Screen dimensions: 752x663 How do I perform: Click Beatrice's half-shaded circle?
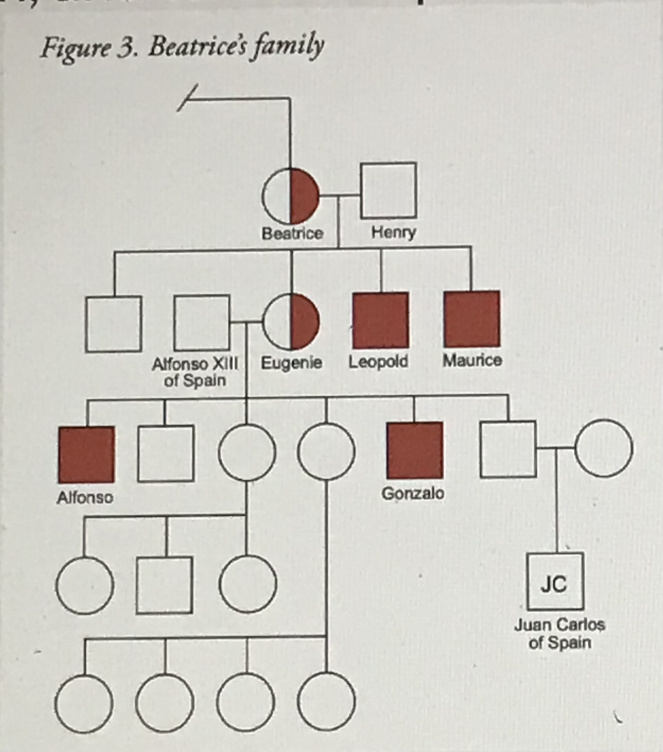tap(290, 196)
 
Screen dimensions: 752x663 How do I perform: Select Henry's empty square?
tap(389, 190)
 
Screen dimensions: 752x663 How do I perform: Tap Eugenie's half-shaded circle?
tap(291, 322)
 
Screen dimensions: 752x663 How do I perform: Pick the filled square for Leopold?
tap(381, 320)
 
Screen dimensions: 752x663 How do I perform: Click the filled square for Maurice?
tap(472, 319)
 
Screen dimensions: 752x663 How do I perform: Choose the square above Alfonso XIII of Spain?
tap(202, 322)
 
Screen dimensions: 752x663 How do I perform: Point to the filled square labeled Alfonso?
tap(86, 454)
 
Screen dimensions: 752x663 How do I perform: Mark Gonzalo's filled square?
tap(415, 450)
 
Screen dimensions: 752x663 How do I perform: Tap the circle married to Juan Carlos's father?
tap(604, 448)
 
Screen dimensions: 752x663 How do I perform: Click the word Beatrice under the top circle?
tap(292, 233)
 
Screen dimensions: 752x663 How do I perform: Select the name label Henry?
tap(394, 233)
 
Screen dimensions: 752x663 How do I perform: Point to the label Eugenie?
tap(291, 363)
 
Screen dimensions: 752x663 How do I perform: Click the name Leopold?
tap(379, 362)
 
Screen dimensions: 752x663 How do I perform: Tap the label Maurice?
tap(472, 360)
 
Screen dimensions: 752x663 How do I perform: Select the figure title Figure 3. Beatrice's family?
tap(182, 48)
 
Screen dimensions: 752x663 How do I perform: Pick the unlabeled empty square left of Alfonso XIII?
tap(114, 324)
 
